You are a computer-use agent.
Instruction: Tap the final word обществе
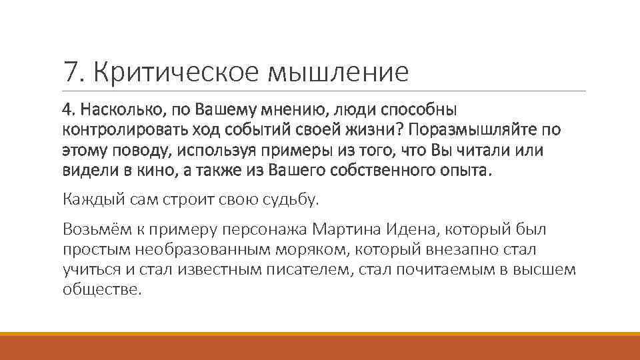(102, 290)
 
